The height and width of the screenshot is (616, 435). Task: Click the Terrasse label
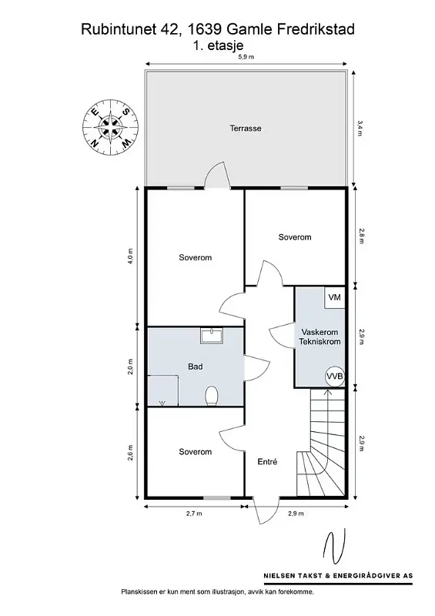(246, 129)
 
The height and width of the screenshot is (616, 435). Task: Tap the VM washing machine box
(334, 297)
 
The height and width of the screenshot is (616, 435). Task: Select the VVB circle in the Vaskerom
(335, 377)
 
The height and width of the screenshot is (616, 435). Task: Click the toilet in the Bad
(212, 396)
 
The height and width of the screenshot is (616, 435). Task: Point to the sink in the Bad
(212, 336)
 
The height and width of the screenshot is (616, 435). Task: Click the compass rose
(111, 127)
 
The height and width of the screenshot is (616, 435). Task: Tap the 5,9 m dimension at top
(246, 57)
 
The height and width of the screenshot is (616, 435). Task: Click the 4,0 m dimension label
(130, 256)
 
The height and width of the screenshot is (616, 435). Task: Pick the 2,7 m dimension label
(194, 514)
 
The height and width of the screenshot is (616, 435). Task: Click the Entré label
(267, 462)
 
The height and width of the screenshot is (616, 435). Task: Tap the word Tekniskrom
(320, 342)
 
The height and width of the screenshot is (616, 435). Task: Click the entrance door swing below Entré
(266, 511)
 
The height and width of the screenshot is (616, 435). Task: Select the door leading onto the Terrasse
(216, 176)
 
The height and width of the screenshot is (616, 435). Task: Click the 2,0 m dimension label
(130, 367)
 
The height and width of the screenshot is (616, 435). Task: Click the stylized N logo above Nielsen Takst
(335, 546)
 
